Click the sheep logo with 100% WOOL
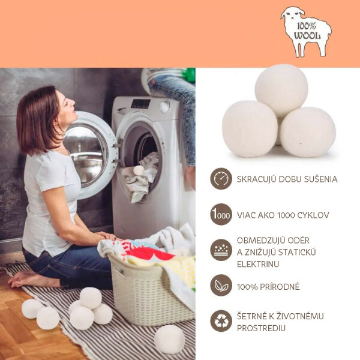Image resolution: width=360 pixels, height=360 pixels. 306,32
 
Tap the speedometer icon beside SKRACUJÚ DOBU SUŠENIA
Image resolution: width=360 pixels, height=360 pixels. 221,179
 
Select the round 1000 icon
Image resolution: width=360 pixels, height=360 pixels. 221,214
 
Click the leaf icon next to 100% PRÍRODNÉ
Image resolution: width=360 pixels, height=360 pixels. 221,286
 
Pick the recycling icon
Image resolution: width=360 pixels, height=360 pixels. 221,321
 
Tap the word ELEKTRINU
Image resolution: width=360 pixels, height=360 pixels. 258,264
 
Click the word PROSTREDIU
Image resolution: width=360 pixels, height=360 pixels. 261,328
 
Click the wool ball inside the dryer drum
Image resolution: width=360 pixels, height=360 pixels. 139,170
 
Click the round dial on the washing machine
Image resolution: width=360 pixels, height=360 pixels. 164,107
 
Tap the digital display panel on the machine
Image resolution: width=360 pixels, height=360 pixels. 140,104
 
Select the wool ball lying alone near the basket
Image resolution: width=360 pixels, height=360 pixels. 169,340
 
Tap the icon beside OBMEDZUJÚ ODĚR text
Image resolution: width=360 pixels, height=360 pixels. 221,250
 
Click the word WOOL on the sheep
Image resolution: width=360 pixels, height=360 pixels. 307,36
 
